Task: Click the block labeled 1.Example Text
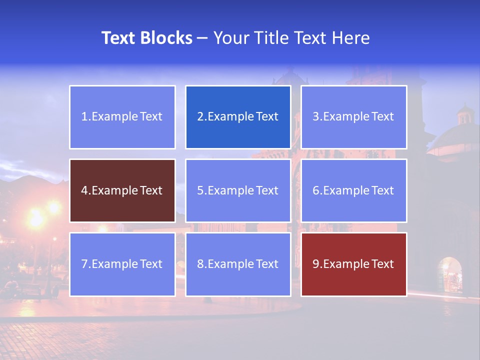click(122, 117)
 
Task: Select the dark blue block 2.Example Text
click(238, 117)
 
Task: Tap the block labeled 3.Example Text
click(353, 117)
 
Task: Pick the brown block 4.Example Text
click(122, 190)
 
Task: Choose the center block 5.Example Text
click(238, 190)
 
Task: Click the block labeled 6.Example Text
click(353, 190)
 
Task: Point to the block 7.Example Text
click(122, 264)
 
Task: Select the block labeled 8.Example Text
click(238, 264)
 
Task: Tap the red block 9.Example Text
click(353, 264)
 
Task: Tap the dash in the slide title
click(202, 38)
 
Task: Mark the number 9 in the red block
click(316, 264)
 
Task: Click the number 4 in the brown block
click(84, 190)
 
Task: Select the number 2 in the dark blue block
click(200, 117)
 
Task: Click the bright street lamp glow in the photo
click(36, 218)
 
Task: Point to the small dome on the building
click(465, 114)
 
